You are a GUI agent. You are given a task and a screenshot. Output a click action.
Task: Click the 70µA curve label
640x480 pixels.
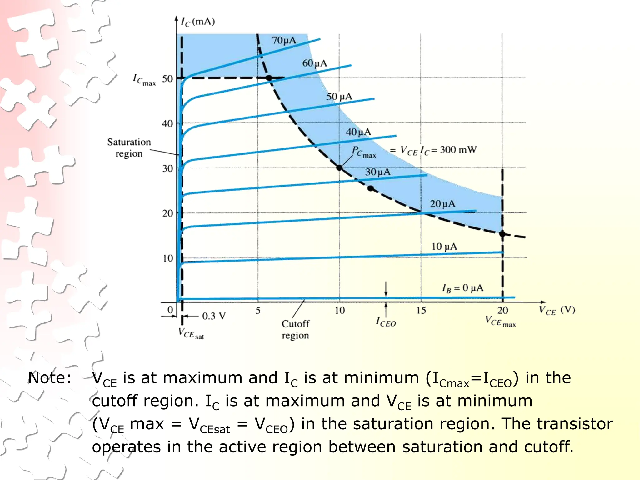284,40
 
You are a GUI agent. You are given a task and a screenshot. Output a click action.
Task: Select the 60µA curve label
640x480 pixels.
314,63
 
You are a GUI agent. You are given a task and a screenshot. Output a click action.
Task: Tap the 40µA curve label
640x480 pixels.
358,132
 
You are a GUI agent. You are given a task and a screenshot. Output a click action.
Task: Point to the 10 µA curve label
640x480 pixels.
444,247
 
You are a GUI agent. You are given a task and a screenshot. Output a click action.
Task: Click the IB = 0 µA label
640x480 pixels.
462,288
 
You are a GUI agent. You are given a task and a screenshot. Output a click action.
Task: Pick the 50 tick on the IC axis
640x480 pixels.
167,79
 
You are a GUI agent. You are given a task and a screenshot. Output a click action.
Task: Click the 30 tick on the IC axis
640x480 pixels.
167,168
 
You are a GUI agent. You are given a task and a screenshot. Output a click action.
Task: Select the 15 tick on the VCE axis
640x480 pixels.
421,310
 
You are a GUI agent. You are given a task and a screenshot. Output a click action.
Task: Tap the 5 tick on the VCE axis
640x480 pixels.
258,310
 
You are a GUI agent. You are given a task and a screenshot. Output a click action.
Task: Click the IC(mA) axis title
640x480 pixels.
198,22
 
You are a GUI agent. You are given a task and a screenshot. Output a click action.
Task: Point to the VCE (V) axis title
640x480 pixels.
557,310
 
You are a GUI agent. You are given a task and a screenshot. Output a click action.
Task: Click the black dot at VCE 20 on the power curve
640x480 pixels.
502,234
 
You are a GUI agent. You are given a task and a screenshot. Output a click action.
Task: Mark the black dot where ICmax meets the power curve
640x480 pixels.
269,78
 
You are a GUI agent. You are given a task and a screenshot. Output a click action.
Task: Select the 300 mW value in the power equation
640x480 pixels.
458,150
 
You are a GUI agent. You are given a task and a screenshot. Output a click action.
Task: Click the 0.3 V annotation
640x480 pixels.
214,316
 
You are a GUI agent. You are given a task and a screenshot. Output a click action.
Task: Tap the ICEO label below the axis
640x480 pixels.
386,322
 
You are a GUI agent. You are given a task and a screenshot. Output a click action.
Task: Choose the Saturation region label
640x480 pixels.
129,148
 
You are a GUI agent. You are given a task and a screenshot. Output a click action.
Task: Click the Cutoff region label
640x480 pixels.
295,330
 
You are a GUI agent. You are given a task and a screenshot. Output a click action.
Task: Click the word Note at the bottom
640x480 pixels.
50,378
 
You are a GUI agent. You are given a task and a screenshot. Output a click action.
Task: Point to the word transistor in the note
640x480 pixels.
574,424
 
